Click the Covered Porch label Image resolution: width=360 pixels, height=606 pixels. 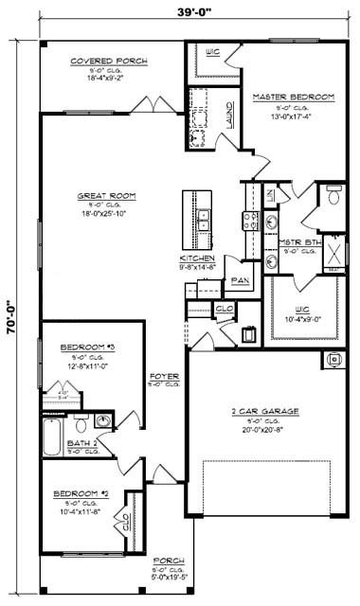point(109,62)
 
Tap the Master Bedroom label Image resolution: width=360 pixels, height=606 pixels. point(293,98)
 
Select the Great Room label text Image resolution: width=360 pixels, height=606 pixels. point(106,196)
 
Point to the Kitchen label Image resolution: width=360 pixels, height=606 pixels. point(197,258)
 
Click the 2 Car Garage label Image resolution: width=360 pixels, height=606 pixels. point(265,411)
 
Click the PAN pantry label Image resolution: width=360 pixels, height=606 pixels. point(240,280)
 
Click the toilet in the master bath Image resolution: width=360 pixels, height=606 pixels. point(333,197)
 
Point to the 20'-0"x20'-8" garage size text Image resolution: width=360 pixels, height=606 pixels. point(265,429)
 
